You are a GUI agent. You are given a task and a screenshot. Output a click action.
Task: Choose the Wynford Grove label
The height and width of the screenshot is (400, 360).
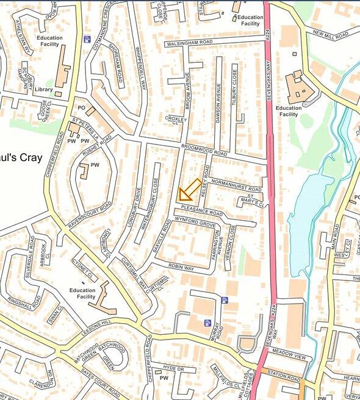coord(196,221)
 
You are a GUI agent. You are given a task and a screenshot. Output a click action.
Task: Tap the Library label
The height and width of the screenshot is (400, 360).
coord(43,90)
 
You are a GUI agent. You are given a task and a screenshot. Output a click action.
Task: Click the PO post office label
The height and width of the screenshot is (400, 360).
coord(81,108)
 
